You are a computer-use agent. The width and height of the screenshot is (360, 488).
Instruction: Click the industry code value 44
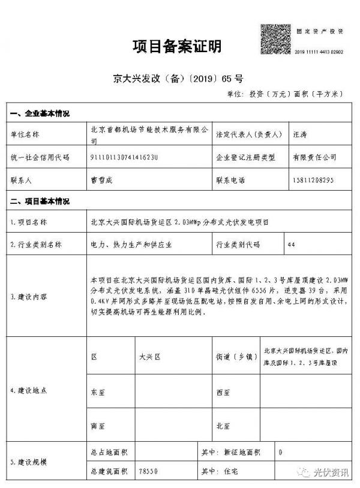292,245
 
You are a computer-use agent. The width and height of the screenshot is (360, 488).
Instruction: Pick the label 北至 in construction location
223,426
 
